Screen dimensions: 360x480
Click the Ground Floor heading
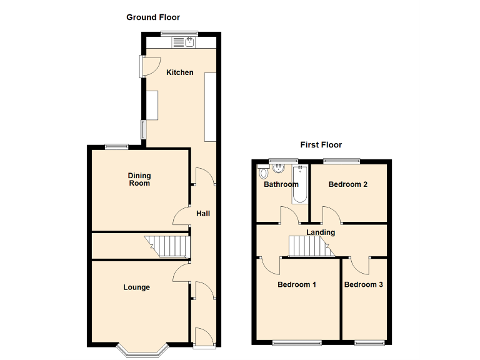[x=153, y=17]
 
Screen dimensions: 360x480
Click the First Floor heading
[x=321, y=145]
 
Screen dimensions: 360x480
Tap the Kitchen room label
[x=179, y=72]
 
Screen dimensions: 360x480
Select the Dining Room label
[x=139, y=179]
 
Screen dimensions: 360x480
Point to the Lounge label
[x=136, y=287]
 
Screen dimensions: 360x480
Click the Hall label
[x=203, y=214]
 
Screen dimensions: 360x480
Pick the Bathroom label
[x=281, y=184]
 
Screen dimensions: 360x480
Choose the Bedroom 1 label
[x=297, y=284]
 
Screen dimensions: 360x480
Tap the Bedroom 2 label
[x=347, y=184]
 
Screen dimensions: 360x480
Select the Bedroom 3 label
[x=364, y=284]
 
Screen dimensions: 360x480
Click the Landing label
[x=321, y=232]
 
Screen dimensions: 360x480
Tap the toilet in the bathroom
[x=263, y=172]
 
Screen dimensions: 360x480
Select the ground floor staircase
[x=168, y=246]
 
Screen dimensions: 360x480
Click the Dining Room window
[x=116, y=147]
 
